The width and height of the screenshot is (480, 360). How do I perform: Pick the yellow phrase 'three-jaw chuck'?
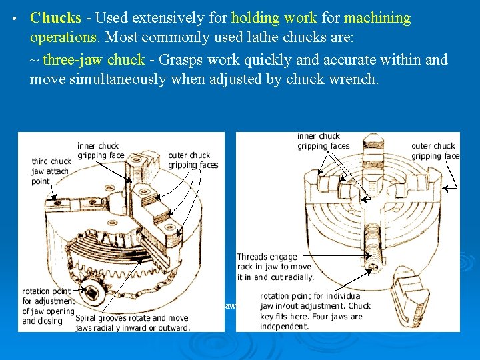click(x=93, y=60)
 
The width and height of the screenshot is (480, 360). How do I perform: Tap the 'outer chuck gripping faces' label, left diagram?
click(x=192, y=160)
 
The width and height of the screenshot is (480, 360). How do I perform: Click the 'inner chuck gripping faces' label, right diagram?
click(x=323, y=141)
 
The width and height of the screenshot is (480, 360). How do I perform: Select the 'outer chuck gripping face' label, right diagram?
click(x=435, y=151)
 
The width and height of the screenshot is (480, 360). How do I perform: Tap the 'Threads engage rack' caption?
click(x=275, y=267)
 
